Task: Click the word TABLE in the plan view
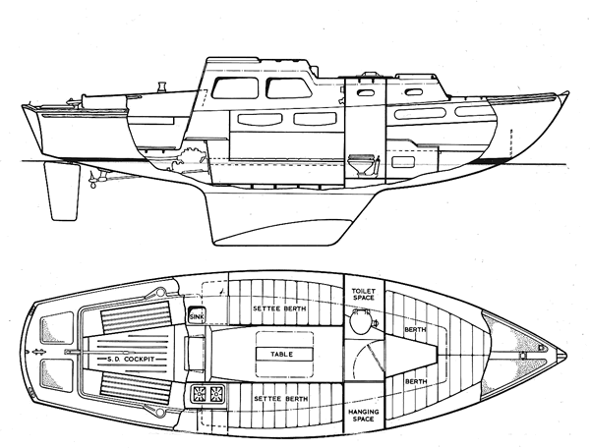pos(284,352)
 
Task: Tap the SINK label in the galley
pos(197,316)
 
